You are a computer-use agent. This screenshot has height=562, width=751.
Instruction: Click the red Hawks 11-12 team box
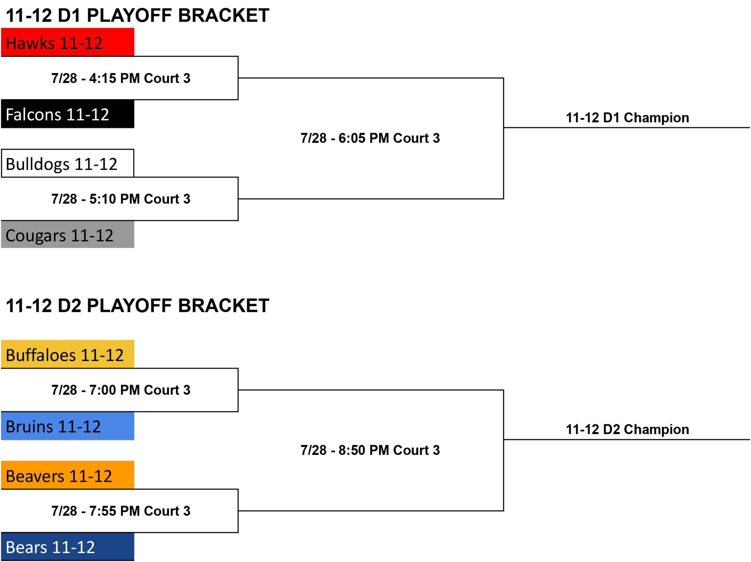click(x=67, y=42)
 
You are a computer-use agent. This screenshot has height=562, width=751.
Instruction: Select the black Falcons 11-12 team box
click(x=67, y=114)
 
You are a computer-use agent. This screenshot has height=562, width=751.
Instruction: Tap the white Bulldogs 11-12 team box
click(x=67, y=163)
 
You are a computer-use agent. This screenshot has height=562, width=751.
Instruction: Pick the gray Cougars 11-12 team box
click(x=67, y=234)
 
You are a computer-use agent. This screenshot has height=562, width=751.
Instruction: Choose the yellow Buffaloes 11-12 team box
click(x=67, y=354)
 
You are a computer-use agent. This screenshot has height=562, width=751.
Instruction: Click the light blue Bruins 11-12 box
click(x=67, y=426)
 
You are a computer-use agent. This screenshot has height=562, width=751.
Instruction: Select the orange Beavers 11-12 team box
click(x=67, y=475)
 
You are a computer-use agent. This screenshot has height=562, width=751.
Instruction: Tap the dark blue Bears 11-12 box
click(x=67, y=547)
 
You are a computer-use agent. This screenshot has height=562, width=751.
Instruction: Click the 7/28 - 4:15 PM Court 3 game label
click(x=121, y=78)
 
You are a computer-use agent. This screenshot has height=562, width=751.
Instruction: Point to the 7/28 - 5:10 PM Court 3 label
click(x=121, y=199)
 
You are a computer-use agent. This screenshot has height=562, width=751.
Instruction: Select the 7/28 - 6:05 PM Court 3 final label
click(x=370, y=138)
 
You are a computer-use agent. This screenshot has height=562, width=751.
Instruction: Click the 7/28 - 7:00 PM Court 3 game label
click(x=121, y=390)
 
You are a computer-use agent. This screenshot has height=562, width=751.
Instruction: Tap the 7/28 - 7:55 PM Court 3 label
click(x=121, y=511)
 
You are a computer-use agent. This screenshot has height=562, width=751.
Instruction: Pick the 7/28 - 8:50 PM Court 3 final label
click(x=370, y=450)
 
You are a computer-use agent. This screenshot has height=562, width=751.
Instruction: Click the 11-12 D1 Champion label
click(x=627, y=118)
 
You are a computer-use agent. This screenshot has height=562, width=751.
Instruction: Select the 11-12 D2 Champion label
click(x=627, y=429)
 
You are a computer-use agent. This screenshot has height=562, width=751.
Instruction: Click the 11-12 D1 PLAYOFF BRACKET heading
click(x=138, y=15)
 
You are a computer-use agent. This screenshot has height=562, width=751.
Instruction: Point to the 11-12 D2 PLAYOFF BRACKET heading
click(x=138, y=306)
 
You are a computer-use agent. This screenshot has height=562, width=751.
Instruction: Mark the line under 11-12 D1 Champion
click(x=627, y=128)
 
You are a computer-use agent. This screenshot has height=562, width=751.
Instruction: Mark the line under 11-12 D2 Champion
click(x=627, y=439)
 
